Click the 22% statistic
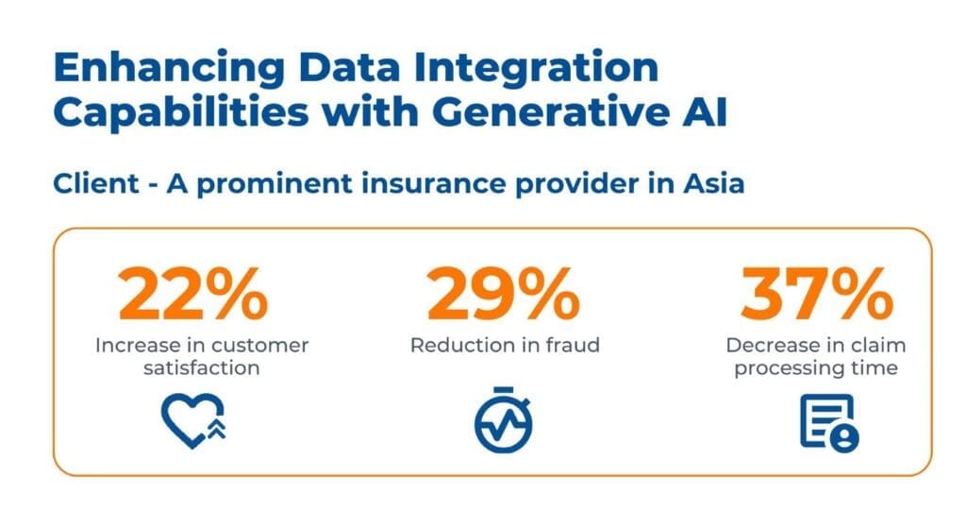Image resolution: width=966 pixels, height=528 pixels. [193, 294]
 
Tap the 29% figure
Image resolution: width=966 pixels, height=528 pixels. [504, 294]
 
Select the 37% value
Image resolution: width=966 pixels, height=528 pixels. [816, 294]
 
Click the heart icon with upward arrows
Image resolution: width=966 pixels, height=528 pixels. [193, 420]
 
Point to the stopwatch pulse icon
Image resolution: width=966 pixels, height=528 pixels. [504, 419]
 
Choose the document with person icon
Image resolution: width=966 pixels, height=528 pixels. [829, 423]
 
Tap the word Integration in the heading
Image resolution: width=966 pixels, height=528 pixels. [536, 68]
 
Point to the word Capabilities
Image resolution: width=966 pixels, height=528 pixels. [181, 113]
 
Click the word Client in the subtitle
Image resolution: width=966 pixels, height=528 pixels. [96, 184]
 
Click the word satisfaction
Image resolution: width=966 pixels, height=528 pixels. [202, 368]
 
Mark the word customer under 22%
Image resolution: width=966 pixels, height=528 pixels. [256, 346]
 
